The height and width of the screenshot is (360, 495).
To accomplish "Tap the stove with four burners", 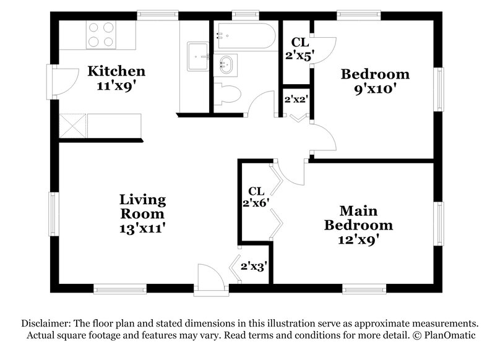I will point(101,34).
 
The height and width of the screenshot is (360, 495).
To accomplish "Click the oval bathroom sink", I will point(226,63).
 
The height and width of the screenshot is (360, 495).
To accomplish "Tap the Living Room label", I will point(142,207).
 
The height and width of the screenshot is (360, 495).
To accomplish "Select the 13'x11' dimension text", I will point(142,228).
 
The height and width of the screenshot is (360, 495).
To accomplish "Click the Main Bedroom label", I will point(359,217).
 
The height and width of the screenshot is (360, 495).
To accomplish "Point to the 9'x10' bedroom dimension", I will point(376,88).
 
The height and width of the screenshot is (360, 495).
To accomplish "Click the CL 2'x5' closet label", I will point(299,48).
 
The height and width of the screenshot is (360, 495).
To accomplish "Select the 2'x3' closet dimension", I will point(253,267).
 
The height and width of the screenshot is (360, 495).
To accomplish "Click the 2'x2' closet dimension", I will point(295,98).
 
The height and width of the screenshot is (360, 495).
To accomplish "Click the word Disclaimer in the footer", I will point(46,324).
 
